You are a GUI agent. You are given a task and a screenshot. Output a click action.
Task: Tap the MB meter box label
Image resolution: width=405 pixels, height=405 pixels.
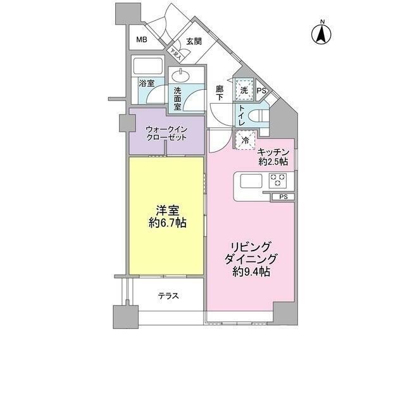(140, 40)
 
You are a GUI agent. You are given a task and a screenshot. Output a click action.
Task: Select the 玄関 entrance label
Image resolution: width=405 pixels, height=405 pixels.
(194, 42)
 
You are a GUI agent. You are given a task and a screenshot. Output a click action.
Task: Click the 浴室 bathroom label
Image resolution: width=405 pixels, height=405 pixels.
(147, 83)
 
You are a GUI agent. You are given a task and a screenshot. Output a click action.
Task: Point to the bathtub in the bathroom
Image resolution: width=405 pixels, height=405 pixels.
(148, 66)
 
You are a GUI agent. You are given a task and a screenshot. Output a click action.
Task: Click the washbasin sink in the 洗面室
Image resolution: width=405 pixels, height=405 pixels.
(181, 74)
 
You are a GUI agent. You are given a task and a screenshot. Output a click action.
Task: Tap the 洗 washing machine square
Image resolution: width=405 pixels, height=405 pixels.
(244, 90)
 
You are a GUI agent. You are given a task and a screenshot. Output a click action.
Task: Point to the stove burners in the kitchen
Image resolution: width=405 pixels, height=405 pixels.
(278, 180)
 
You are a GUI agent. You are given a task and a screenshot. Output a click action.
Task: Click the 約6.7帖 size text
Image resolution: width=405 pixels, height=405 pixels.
(167, 223)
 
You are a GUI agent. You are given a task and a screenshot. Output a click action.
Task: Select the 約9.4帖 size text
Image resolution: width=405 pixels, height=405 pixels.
(251, 271)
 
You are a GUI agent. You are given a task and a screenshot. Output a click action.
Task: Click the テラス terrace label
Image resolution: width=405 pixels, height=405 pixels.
(168, 296)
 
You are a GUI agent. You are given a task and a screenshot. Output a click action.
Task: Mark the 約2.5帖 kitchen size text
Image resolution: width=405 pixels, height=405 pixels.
(273, 161)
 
